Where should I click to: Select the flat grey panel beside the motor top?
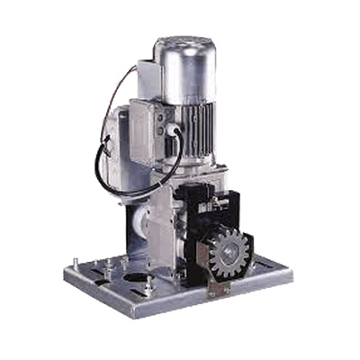144,77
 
